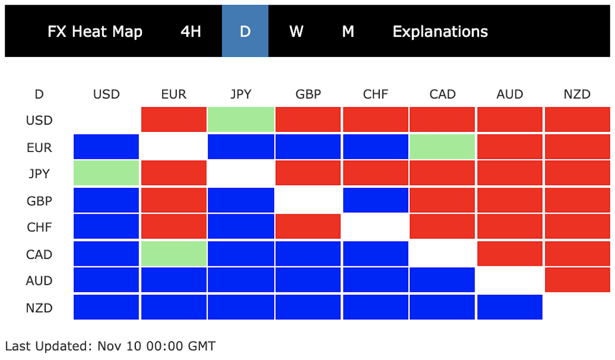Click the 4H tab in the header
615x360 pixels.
click(x=191, y=31)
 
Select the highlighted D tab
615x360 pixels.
click(x=245, y=31)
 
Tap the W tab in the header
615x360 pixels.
click(x=296, y=31)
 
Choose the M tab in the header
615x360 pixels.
click(x=348, y=31)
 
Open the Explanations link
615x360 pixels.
click(x=440, y=32)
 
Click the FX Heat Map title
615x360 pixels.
click(x=95, y=32)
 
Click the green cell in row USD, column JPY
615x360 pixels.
click(x=241, y=119)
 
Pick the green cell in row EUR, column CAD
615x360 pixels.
click(x=442, y=147)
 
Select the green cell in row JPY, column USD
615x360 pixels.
click(x=106, y=173)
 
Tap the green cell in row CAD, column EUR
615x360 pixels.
click(x=174, y=254)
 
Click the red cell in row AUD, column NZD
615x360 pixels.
click(x=578, y=280)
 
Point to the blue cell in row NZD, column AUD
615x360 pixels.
click(x=510, y=307)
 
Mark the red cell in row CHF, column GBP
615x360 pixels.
click(x=308, y=226)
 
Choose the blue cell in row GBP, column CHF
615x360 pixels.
click(x=376, y=200)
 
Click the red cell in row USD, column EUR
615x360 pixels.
click(x=174, y=119)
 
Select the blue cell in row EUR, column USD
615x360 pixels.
click(x=106, y=147)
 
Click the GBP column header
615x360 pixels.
click(x=308, y=94)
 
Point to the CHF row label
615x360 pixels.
click(x=39, y=227)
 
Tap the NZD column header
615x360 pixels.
click(x=577, y=94)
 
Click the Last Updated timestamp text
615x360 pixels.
click(x=110, y=346)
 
